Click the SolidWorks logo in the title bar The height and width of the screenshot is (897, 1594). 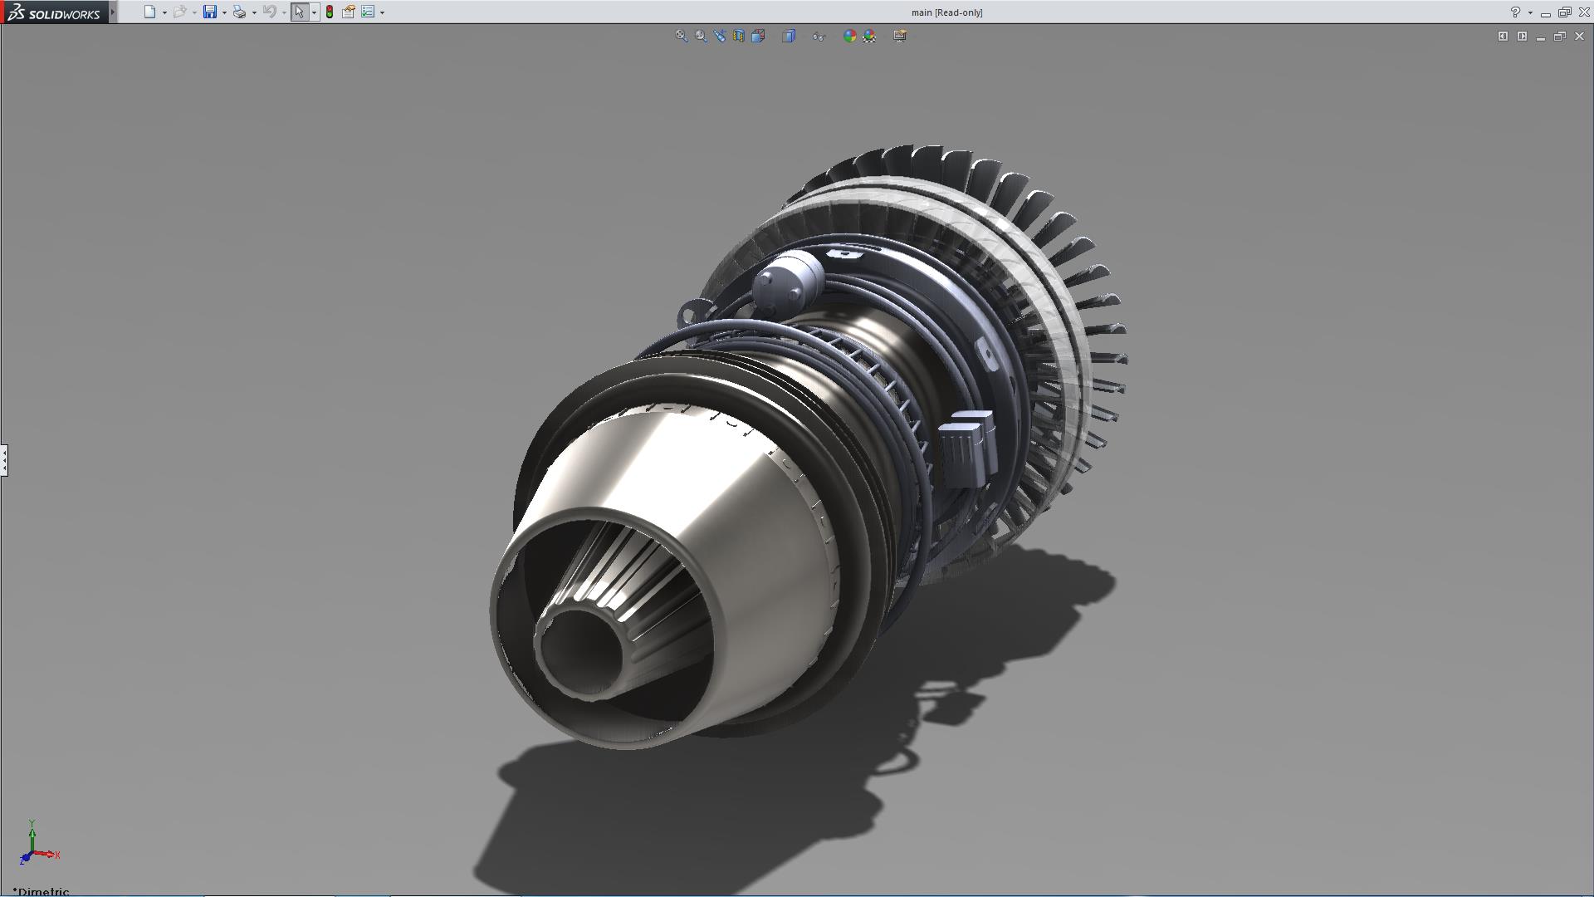[x=55, y=12]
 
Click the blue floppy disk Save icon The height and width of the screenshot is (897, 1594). [x=210, y=12]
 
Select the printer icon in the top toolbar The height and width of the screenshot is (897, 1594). [x=239, y=12]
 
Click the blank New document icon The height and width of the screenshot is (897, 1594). [x=149, y=12]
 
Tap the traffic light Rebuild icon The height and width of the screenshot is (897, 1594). [x=330, y=12]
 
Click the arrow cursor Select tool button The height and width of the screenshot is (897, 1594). [x=299, y=12]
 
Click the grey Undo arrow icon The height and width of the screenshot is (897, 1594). [x=269, y=12]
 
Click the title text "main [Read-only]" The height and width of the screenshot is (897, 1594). [x=946, y=12]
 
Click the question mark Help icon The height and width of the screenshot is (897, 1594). [x=1515, y=12]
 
